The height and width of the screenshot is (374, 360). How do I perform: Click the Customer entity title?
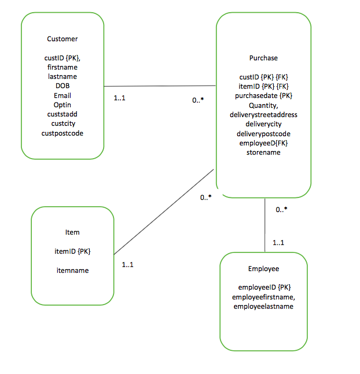tap(62, 39)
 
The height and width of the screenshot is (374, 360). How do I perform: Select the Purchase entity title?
tap(263, 58)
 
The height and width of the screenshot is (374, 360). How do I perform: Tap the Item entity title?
tap(72, 232)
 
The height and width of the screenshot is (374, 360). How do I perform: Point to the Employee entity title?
tap(263, 269)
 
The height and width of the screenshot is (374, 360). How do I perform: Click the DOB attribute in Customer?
tap(63, 86)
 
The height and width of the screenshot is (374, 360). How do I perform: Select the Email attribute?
tap(63, 96)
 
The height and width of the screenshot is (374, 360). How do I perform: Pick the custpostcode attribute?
tap(63, 133)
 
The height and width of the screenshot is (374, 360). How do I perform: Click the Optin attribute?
tap(63, 105)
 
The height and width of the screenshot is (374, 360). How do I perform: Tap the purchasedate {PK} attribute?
tap(263, 96)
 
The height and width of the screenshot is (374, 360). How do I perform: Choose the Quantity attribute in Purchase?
tap(263, 105)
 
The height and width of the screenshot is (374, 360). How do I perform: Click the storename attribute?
tap(263, 152)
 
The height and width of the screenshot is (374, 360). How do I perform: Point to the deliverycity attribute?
tap(263, 124)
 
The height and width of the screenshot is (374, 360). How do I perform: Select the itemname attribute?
tap(72, 270)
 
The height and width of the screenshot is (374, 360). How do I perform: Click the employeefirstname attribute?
tap(263, 297)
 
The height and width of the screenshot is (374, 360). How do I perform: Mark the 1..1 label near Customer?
tap(120, 98)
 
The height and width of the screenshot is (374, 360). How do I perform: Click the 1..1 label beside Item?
tap(128, 265)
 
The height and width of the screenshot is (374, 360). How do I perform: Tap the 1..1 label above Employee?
tap(278, 243)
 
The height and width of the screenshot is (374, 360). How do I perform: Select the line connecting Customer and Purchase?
tap(160, 86)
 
